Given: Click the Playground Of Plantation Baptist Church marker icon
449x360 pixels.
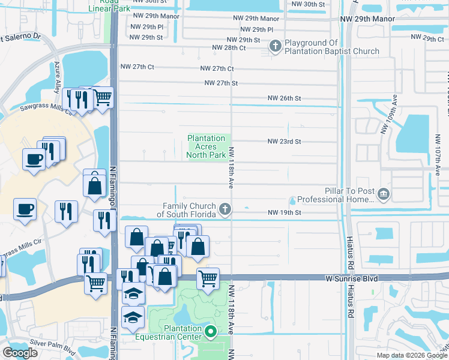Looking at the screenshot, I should [276, 46].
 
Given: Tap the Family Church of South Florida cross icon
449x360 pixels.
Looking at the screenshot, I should [225, 209].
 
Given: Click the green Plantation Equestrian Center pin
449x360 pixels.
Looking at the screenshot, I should [210, 331].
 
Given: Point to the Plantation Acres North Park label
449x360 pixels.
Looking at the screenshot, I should [206, 146].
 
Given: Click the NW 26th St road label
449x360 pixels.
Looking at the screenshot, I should [284, 98].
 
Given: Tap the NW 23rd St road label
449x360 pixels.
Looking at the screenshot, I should [284, 142].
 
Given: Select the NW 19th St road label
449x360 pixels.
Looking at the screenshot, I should [284, 212].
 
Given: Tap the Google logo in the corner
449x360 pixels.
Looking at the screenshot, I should [20, 353].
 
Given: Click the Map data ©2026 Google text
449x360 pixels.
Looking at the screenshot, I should [412, 355].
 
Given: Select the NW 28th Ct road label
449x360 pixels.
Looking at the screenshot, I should [229, 47].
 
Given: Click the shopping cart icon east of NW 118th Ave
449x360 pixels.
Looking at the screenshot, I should [208, 278].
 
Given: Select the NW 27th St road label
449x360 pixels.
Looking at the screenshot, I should [221, 83].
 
